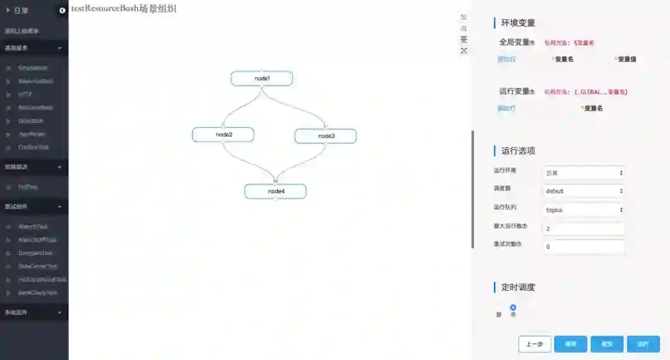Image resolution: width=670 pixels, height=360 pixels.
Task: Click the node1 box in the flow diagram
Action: (262, 79)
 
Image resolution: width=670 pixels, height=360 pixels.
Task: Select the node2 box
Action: (223, 135)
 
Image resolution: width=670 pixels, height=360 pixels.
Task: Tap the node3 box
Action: (326, 136)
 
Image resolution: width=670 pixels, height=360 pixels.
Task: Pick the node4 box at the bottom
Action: (275, 191)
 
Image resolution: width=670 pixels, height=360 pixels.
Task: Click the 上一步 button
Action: (535, 344)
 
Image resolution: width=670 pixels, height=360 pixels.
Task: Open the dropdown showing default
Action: (584, 191)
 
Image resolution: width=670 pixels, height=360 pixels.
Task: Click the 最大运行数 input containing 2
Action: (583, 228)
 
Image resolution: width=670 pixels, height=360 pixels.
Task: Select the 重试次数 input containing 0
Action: (583, 246)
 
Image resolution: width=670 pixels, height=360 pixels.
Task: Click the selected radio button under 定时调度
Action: (513, 307)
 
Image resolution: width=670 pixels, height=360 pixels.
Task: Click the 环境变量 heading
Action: (518, 23)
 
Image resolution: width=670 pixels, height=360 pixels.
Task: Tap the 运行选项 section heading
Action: (518, 151)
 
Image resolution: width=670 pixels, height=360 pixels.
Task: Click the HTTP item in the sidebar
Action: (25, 94)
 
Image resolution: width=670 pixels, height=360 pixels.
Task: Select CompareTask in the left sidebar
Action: (35, 253)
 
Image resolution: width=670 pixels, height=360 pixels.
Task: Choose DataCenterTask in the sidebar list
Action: (38, 266)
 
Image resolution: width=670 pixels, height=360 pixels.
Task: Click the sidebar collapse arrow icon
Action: (62, 11)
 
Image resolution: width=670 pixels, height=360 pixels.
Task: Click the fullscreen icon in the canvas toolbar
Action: (463, 51)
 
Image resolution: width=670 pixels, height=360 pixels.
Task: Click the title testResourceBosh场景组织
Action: (123, 9)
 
